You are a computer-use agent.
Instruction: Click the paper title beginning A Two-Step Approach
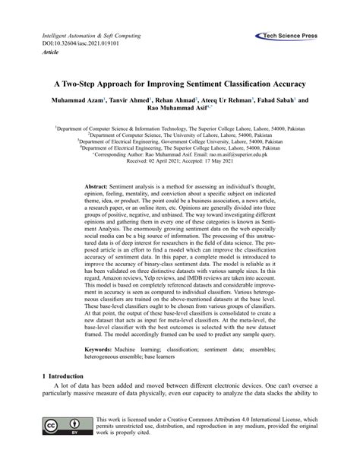180,81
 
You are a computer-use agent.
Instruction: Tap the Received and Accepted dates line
180,160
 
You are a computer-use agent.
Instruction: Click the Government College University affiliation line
179,140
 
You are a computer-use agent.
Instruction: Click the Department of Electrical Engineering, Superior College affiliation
179,147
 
